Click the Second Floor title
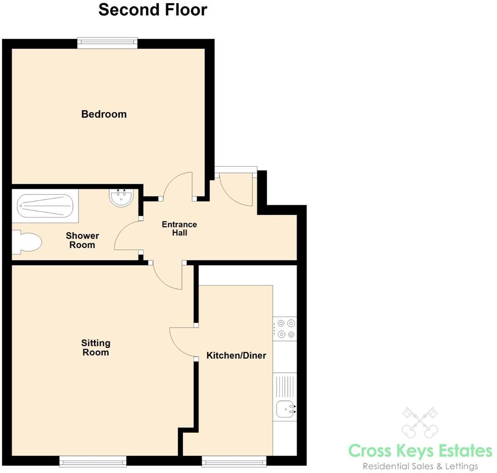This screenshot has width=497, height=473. [x=152, y=10]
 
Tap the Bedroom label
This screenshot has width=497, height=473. [x=104, y=114]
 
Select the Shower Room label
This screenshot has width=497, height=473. [x=82, y=240]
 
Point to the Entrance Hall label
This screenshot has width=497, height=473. [x=180, y=228]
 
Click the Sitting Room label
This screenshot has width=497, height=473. [x=96, y=347]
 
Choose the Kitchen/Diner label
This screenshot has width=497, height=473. [x=236, y=355]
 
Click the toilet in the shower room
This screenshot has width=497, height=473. [x=27, y=243]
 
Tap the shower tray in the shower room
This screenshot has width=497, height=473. [x=45, y=206]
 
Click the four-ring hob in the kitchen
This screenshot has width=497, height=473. [x=285, y=329]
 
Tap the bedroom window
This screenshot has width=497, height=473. [x=108, y=43]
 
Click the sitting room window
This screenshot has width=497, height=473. [x=93, y=461]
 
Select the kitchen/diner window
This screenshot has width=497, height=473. [x=234, y=461]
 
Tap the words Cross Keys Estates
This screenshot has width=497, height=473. [x=420, y=451]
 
